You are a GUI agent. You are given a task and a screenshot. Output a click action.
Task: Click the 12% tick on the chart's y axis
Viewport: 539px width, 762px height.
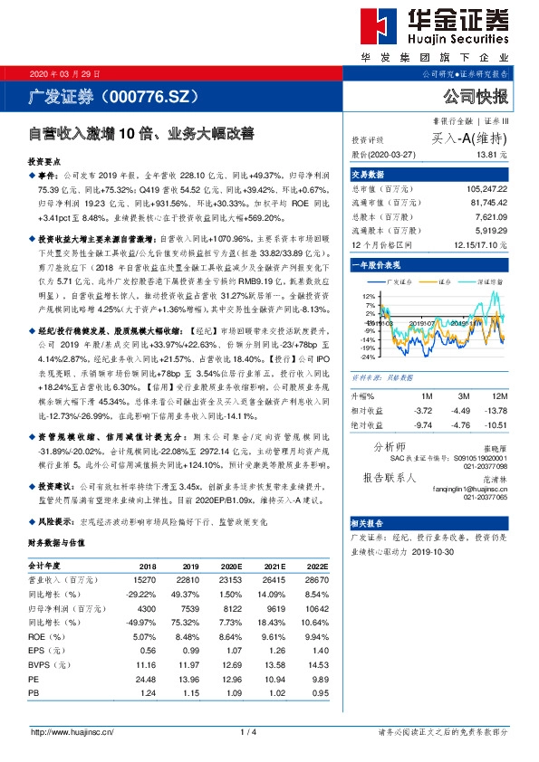click(x=368, y=296)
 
